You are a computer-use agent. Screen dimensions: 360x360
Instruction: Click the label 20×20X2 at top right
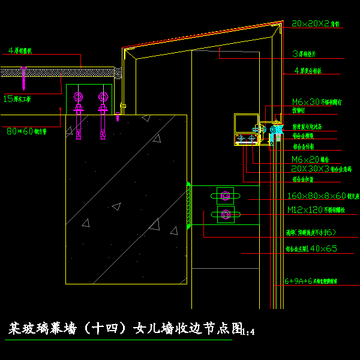pos(310,23)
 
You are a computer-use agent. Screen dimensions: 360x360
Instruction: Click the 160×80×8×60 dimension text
pos(316,196)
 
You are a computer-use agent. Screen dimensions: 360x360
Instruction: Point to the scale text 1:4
pos(248,331)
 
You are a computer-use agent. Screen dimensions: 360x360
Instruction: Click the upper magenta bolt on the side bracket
pos(226,196)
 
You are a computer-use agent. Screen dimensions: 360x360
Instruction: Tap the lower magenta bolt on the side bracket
pos(226,214)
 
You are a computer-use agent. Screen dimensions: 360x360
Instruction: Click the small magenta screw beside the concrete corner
pos(118,117)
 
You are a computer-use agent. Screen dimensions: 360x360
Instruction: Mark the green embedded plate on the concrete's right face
pos(189,205)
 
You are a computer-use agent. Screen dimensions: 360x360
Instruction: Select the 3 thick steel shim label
pos(306,53)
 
